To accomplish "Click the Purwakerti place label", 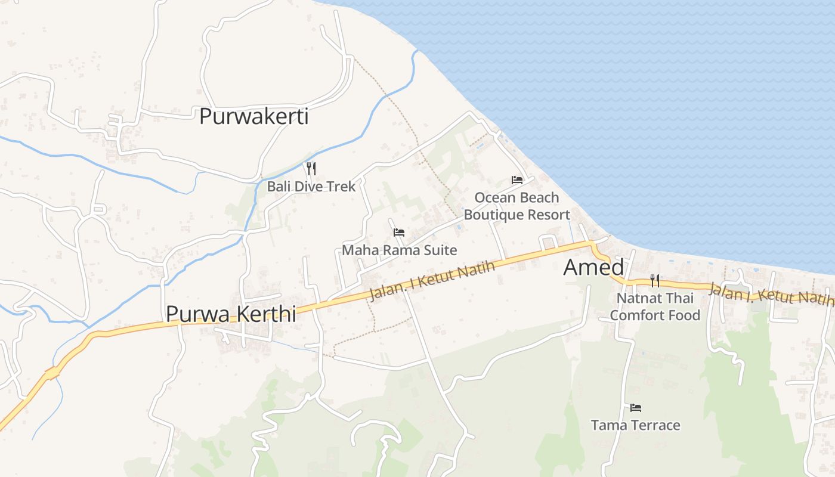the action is pos(253,116).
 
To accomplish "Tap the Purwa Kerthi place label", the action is pos(231,314).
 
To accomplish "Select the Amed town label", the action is pos(593,268).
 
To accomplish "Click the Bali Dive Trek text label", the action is pos(311,186).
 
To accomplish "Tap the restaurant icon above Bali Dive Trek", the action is pos(311,168).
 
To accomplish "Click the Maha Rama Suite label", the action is pos(399,250).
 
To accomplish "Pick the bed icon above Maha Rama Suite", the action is pos(399,232).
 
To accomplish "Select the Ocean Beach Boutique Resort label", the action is pos(517,206).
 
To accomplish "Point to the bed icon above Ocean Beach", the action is pos(517,179).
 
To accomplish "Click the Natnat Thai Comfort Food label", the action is pos(655,306).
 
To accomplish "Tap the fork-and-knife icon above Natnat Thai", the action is pos(655,280).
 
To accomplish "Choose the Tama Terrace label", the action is pos(635,425).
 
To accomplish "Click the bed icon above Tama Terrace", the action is pos(636,408).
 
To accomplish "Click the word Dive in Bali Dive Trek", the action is pos(312,186).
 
